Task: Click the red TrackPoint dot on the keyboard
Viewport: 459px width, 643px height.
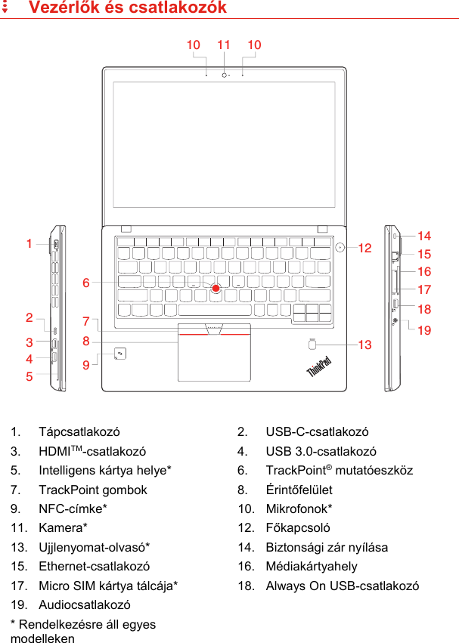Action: (x=216, y=288)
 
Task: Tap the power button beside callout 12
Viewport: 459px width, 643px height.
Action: (x=340, y=246)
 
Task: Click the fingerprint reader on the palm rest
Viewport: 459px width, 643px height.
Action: (x=313, y=345)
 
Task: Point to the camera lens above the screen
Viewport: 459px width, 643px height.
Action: (x=225, y=74)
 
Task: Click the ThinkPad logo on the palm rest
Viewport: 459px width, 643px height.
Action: (x=319, y=368)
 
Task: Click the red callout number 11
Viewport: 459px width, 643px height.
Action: (x=224, y=45)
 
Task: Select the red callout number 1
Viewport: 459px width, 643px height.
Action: (x=29, y=244)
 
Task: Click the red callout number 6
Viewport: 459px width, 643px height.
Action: (x=86, y=283)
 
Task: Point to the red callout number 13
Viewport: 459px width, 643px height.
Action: (x=365, y=345)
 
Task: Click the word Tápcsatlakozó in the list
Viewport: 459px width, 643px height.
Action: (x=79, y=432)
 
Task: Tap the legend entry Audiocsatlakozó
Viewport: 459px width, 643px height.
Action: (x=85, y=605)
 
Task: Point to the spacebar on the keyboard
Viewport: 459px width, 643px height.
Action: (x=215, y=310)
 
